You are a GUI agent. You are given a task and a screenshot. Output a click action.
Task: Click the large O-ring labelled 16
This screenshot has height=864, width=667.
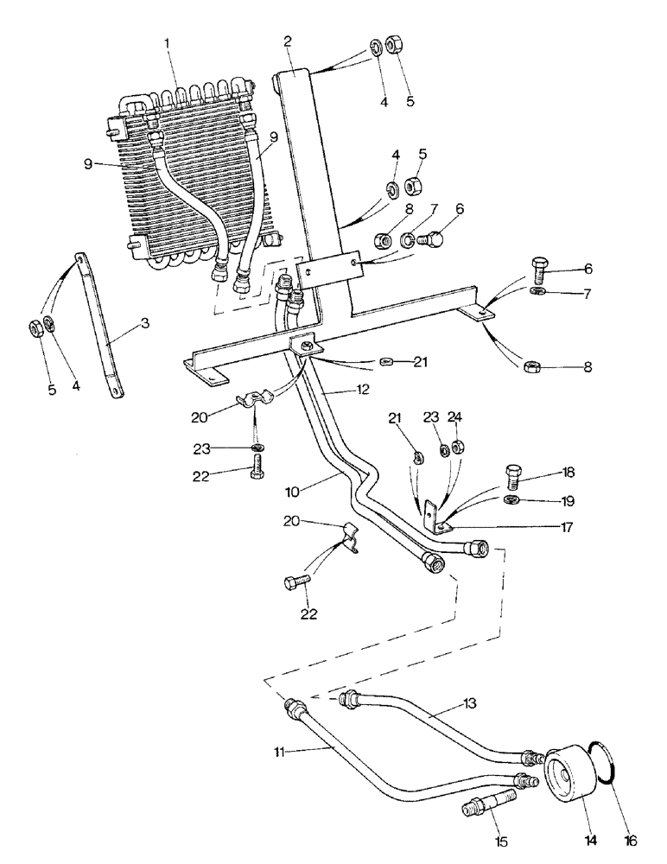[600, 762]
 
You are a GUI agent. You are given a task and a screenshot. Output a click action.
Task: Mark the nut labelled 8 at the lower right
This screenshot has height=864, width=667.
[530, 370]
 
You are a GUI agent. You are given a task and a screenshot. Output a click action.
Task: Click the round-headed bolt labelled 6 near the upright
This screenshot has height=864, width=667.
[427, 237]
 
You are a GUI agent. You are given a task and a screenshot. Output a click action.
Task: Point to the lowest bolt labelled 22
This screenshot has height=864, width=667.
[293, 584]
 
